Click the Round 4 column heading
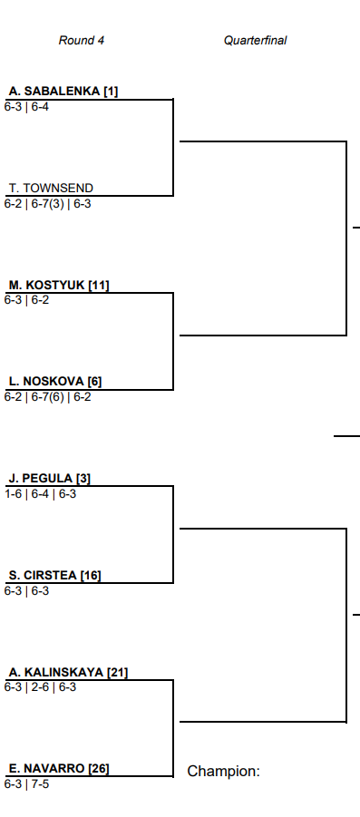pyautogui.click(x=82, y=40)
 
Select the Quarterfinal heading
pyautogui.click(x=256, y=40)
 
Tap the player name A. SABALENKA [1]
pyautogui.click(x=63, y=92)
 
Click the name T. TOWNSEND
pyautogui.click(x=51, y=188)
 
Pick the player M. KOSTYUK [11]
pyautogui.click(x=59, y=285)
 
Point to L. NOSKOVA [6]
pyautogui.click(x=55, y=382)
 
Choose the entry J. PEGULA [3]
pyautogui.click(x=50, y=478)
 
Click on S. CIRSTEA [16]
pyautogui.click(x=55, y=575)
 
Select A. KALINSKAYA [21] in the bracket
pyautogui.click(x=68, y=672)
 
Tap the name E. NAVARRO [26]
pyautogui.click(x=59, y=769)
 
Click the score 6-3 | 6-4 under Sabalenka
pyautogui.click(x=26, y=107)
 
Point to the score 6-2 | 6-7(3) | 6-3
pyautogui.click(x=47, y=204)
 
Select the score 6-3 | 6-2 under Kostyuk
pyautogui.click(x=26, y=300)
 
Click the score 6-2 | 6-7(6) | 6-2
pyautogui.click(x=47, y=397)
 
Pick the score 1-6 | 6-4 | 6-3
pyautogui.click(x=40, y=493)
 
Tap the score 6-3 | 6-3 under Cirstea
pyautogui.click(x=26, y=591)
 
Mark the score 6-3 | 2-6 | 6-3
pyautogui.click(x=40, y=687)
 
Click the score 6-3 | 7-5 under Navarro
pyautogui.click(x=26, y=784)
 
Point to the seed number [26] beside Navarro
pyautogui.click(x=99, y=769)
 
